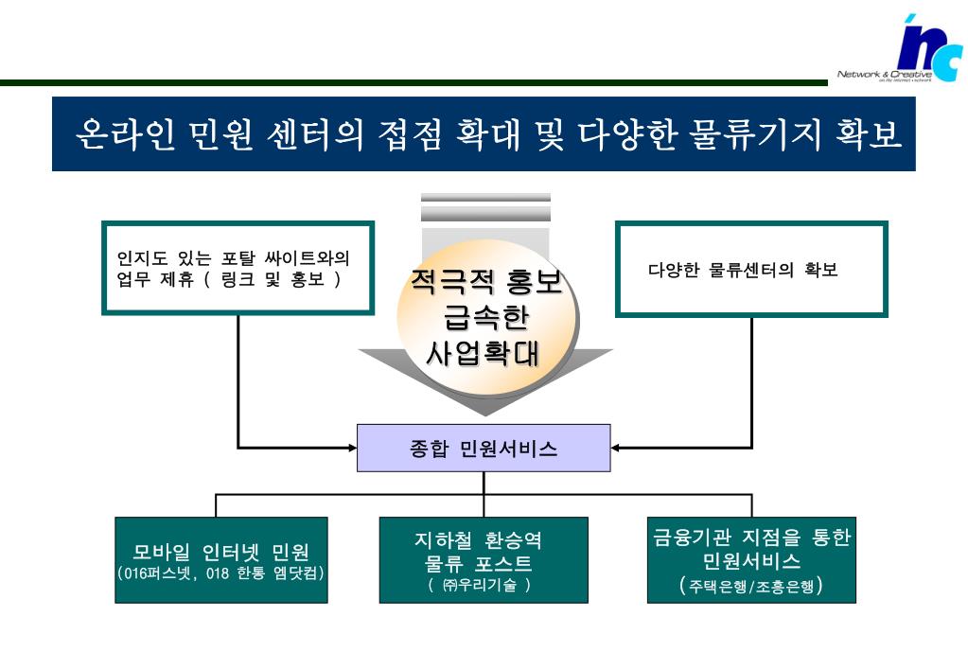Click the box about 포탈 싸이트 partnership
(238, 268)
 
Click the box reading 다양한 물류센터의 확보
(751, 269)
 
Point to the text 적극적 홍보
(485, 281)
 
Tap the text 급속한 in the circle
(485, 317)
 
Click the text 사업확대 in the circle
(485, 353)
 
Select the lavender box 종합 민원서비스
(484, 448)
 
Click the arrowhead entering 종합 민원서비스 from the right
(617, 447)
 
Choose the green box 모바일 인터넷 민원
(221, 560)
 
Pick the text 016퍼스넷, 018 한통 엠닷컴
(221, 573)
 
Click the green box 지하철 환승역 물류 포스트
(484, 560)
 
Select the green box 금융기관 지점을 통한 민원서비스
(751, 560)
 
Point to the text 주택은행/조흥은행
(751, 586)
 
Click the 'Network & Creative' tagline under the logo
(884, 75)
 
